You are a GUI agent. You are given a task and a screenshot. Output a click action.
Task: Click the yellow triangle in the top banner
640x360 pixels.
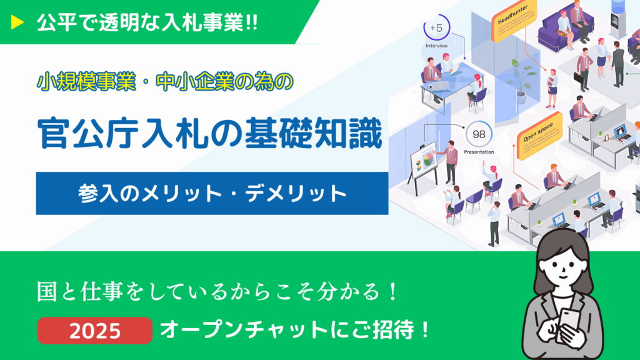pyautogui.click(x=17, y=22)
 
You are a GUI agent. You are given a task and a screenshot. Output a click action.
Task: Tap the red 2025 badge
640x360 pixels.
pyautogui.click(x=95, y=330)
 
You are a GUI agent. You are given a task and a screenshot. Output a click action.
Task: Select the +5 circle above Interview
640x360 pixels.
pyautogui.click(x=436, y=27)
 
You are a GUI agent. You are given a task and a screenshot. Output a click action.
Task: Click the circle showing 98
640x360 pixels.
pyautogui.click(x=478, y=134)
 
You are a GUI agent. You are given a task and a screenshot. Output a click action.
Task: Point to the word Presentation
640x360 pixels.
pyautogui.click(x=479, y=152)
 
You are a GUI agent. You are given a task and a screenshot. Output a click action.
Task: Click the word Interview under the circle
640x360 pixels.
pyautogui.click(x=436, y=46)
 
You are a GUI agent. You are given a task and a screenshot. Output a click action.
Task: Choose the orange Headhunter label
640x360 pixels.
pyautogui.click(x=514, y=21)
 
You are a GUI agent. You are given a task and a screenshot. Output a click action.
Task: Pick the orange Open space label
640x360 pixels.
pyautogui.click(x=539, y=135)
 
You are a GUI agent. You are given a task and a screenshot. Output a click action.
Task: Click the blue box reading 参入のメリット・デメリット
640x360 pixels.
pyautogui.click(x=212, y=194)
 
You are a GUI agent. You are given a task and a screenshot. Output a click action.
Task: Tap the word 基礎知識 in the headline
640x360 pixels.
pyautogui.click(x=314, y=134)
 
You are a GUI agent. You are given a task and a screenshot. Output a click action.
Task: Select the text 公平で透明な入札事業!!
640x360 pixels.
pyautogui.click(x=147, y=22)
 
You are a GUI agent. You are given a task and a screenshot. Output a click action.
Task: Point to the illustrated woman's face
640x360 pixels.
pyautogui.click(x=563, y=269)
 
